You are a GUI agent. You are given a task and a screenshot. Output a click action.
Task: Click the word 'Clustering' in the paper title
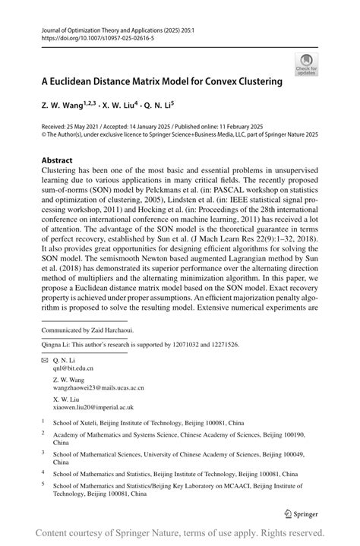tap(257, 80)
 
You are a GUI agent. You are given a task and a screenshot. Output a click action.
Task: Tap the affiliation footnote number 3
tap(43, 454)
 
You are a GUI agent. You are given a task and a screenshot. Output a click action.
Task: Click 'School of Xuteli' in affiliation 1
tap(76, 420)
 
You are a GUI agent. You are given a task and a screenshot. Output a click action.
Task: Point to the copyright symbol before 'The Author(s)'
tap(43, 134)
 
